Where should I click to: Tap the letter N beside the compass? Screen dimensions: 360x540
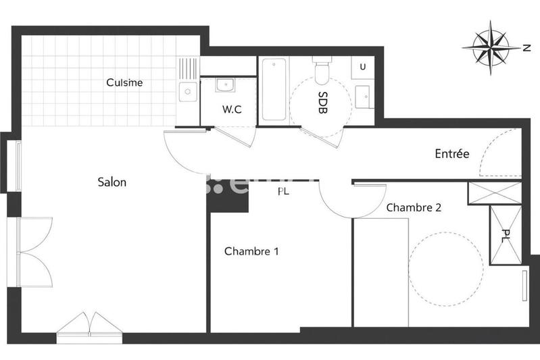pyautogui.click(x=526, y=47)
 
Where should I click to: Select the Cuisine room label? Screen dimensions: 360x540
pyautogui.click(x=124, y=82)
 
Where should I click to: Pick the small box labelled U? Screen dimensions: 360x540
pyautogui.click(x=363, y=67)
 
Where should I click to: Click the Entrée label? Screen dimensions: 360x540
pyautogui.click(x=451, y=154)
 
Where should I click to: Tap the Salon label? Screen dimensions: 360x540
pyautogui.click(x=112, y=182)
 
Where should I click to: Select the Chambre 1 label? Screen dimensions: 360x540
pyautogui.click(x=251, y=251)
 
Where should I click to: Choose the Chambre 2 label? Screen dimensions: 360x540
pyautogui.click(x=414, y=208)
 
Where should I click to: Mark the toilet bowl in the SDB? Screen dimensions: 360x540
pyautogui.click(x=322, y=68)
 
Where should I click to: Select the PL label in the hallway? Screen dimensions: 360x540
pyautogui.click(x=285, y=191)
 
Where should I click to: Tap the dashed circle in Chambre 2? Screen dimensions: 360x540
pyautogui.click(x=446, y=267)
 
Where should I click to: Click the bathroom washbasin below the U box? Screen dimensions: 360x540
pyautogui.click(x=363, y=96)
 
